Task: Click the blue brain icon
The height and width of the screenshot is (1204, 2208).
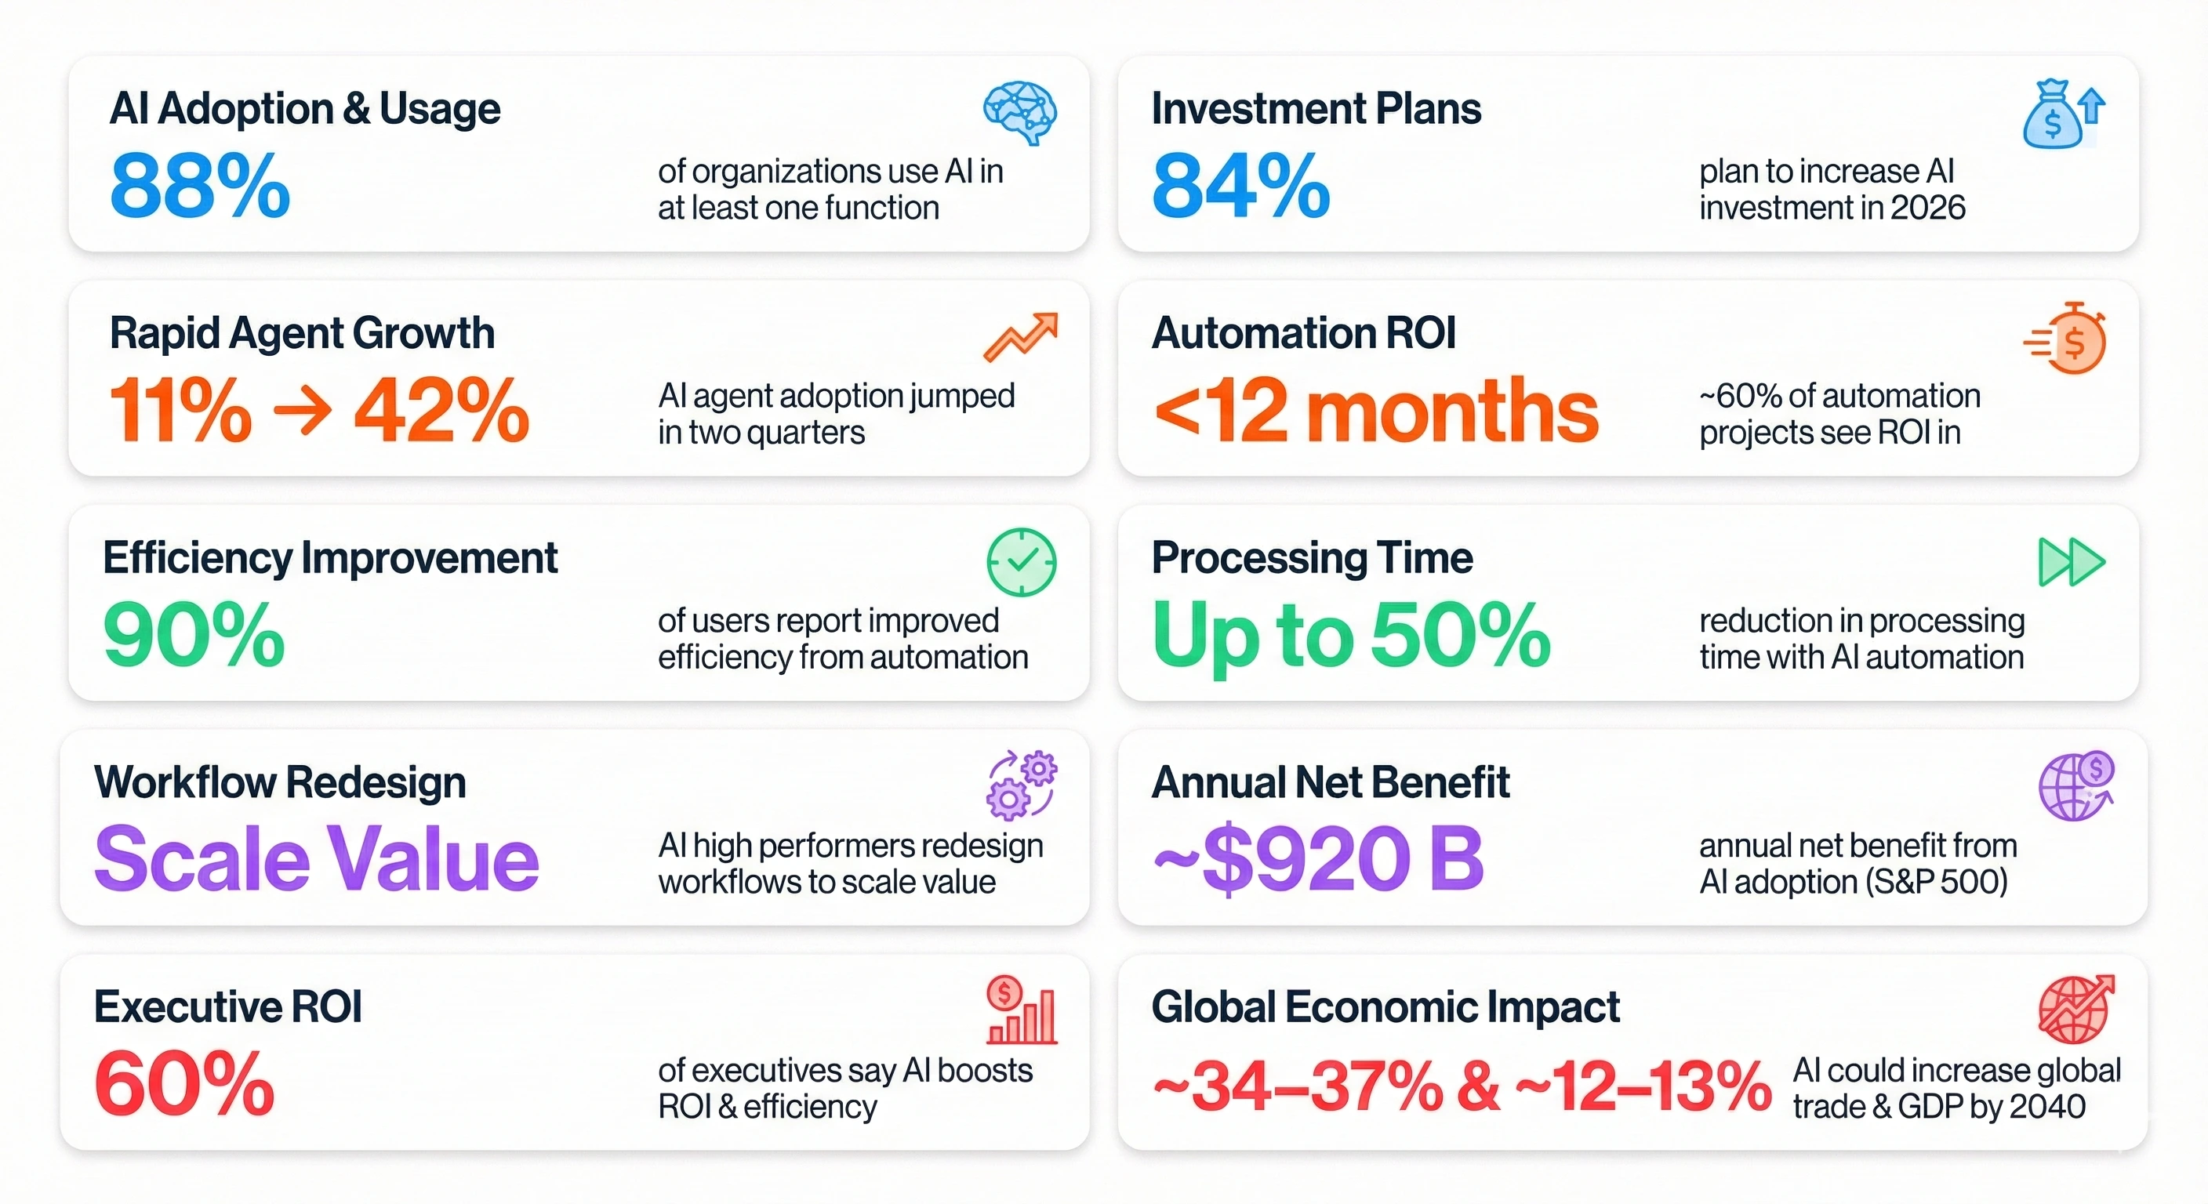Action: [x=1020, y=112]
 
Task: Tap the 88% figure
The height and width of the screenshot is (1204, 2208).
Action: [x=200, y=186]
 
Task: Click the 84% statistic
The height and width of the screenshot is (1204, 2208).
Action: [x=1240, y=186]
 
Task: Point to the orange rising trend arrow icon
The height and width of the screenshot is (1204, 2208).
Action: [x=1020, y=337]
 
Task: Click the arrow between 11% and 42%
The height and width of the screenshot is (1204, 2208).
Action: [x=303, y=412]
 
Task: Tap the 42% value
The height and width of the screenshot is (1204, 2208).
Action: [x=441, y=412]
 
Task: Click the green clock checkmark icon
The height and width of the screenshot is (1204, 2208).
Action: [x=1021, y=562]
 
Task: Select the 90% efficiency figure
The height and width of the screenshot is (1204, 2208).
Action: [x=194, y=636]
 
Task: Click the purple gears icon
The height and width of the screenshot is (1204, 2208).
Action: [x=1021, y=785]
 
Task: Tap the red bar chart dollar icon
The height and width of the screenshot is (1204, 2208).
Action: [x=1021, y=1010]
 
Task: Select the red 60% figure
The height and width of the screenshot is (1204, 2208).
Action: [x=184, y=1085]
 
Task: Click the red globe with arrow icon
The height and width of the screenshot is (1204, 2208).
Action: [x=2076, y=1010]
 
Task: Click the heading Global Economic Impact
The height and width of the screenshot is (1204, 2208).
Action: [x=1385, y=1007]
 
